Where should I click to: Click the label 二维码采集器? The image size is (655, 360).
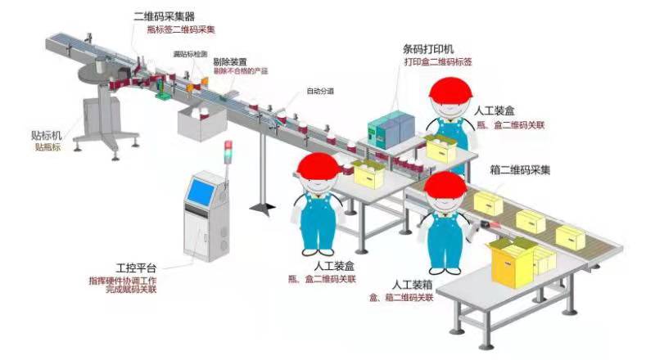(165, 16)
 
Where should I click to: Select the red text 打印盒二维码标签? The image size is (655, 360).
(438, 62)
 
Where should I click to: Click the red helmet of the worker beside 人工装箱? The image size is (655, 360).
(444, 189)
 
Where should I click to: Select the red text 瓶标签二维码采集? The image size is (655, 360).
(180, 29)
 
